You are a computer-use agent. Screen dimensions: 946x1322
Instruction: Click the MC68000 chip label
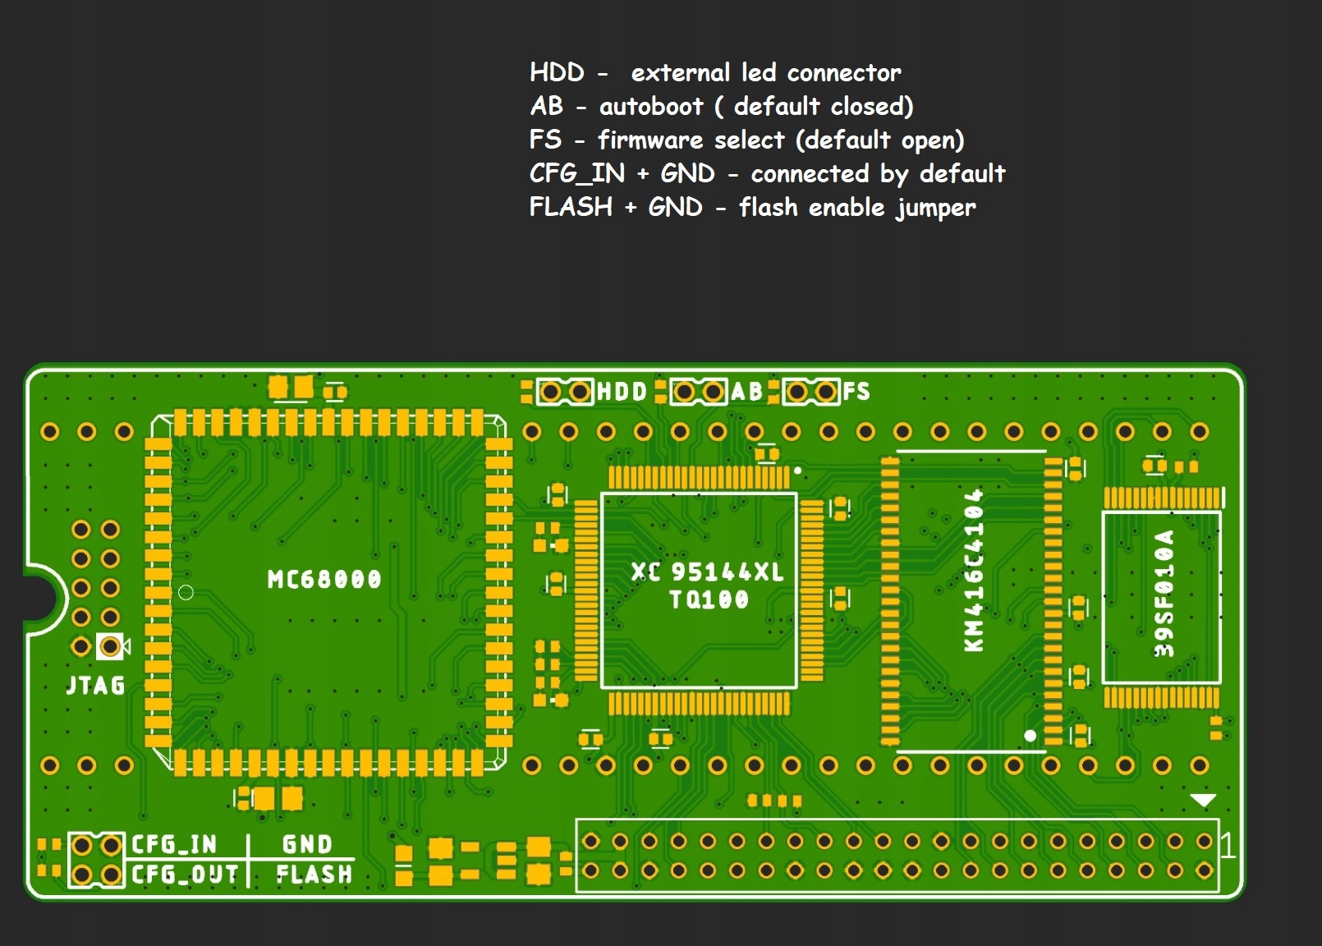point(324,580)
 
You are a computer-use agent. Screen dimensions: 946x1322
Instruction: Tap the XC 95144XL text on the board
point(708,572)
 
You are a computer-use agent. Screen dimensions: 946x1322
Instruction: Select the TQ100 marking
point(709,599)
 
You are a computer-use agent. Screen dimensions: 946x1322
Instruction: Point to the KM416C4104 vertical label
point(974,571)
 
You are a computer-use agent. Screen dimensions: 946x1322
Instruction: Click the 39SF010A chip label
point(1164,593)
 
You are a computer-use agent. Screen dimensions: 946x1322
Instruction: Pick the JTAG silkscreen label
point(96,685)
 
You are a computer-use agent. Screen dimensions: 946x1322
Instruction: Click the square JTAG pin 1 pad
point(110,647)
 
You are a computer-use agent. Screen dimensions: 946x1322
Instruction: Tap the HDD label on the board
point(622,392)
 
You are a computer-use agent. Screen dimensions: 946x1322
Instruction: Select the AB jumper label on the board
point(746,392)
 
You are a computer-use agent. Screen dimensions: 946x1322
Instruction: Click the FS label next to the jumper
point(856,392)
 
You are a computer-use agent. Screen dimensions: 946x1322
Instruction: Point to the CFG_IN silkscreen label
point(174,844)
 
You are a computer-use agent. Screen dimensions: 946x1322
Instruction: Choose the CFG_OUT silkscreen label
point(185,875)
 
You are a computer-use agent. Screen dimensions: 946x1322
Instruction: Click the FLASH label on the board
point(314,875)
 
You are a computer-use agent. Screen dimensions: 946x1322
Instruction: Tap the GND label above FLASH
point(307,844)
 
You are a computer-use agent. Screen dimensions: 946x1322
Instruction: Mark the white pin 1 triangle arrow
point(1203,800)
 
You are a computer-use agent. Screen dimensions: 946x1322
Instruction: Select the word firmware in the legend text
point(650,140)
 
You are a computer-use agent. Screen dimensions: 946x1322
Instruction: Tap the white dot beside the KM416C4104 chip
point(1031,735)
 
